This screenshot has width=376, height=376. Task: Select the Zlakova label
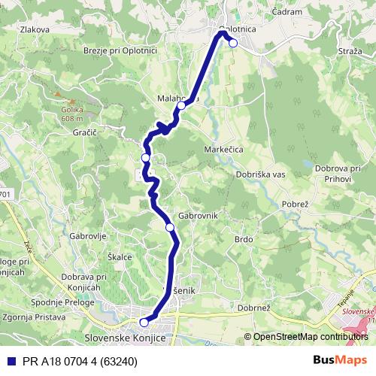[35, 30]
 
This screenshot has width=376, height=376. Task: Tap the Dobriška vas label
[260, 174]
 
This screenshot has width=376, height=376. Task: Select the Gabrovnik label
[199, 215]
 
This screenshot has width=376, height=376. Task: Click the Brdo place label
[243, 239]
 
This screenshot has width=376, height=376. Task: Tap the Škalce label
[120, 256]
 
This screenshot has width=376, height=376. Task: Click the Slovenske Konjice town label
[123, 338]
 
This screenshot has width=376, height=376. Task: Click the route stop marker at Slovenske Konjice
[144, 323]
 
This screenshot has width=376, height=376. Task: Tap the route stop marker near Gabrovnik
[170, 226]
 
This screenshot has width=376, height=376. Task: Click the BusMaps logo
[340, 360]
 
